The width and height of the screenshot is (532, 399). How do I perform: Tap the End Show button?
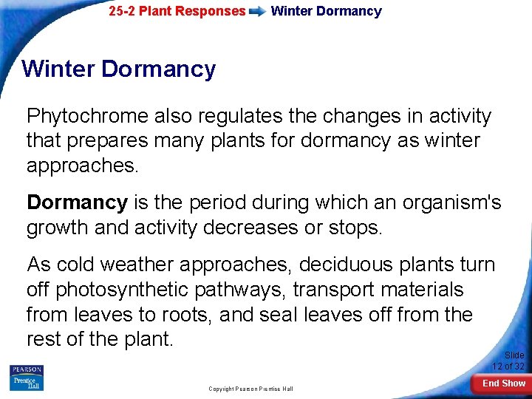(504, 383)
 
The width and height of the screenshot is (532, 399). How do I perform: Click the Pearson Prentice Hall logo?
(26, 378)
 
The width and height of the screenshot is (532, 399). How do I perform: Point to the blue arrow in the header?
(258, 12)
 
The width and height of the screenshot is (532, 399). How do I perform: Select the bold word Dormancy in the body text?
(77, 202)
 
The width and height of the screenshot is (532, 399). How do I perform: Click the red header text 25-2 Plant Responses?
(177, 12)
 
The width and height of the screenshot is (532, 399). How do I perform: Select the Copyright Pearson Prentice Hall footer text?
(250, 389)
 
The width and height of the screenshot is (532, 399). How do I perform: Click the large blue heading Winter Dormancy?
(119, 69)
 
